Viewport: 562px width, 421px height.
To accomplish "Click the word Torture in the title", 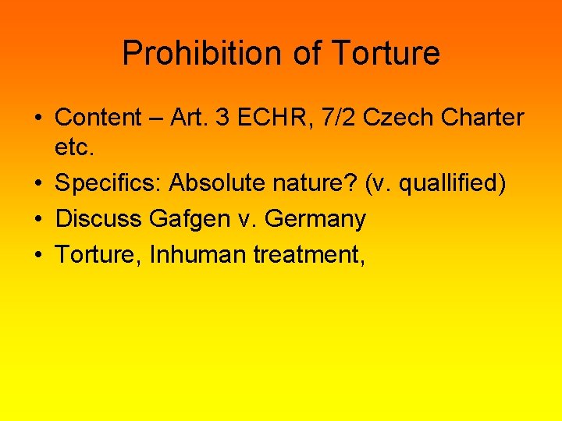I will tap(386, 54).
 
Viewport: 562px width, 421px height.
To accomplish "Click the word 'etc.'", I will tap(71, 149).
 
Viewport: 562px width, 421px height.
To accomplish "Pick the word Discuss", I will tap(98, 219).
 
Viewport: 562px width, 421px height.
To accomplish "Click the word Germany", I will tap(315, 219).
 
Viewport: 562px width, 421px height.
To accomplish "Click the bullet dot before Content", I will tap(39, 119).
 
